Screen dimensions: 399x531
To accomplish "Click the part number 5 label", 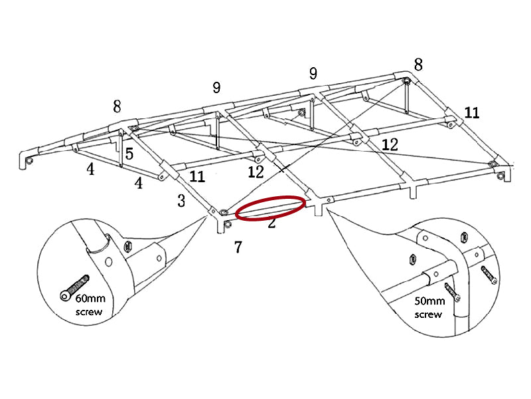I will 129,154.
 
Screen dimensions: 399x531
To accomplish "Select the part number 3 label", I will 181,201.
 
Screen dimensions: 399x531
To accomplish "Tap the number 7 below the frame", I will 238,247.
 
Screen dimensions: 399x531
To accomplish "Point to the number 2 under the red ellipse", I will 271,223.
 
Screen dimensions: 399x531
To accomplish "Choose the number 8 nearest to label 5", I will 117,106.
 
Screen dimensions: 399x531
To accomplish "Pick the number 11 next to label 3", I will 197,177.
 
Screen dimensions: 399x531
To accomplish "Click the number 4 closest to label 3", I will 139,183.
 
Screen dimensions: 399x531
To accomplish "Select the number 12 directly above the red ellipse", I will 256,172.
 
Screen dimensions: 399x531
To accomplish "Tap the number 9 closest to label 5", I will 216,88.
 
